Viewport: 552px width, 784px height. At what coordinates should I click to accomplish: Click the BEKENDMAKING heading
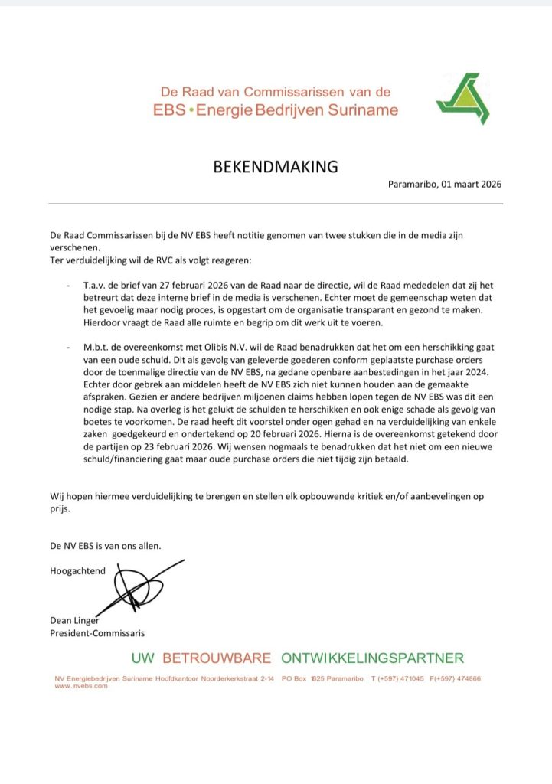point(275,167)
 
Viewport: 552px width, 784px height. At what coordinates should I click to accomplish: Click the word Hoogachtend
point(77,570)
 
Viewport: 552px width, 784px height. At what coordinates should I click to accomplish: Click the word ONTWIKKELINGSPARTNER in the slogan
point(372,658)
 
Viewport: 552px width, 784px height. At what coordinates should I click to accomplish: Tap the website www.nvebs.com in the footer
point(81,685)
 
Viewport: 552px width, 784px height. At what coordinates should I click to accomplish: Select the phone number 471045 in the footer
point(410,678)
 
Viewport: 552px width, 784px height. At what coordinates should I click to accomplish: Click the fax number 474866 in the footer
point(466,678)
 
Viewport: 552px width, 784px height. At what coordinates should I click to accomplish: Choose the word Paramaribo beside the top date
point(413,185)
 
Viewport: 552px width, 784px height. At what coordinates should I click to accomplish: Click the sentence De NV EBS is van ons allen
point(106,545)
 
